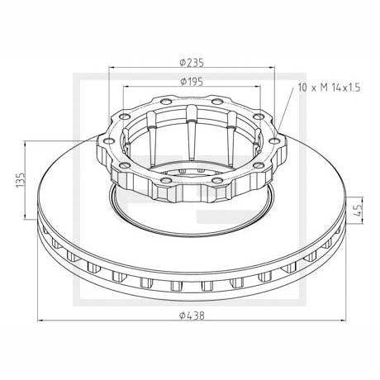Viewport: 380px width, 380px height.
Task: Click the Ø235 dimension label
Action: pyautogui.click(x=192, y=63)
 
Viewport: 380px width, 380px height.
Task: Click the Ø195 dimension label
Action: pyautogui.click(x=192, y=82)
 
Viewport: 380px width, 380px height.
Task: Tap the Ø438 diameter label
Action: pyautogui.click(x=192, y=316)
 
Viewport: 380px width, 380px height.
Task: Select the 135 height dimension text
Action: pyautogui.click(x=21, y=180)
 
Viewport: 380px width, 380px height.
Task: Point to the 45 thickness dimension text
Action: pyautogui.click(x=359, y=211)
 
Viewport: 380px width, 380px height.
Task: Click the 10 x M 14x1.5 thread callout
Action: pyautogui.click(x=329, y=88)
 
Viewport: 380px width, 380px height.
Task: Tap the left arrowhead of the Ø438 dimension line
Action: pyautogui.click(x=40, y=321)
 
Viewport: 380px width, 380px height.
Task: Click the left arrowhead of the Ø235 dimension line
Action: pyautogui.click(x=112, y=67)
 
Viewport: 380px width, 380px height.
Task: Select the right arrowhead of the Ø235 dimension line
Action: pyautogui.click(x=272, y=67)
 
